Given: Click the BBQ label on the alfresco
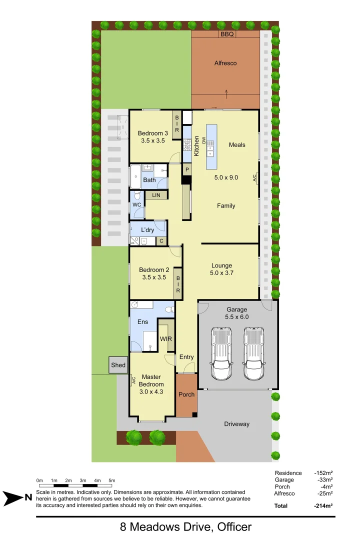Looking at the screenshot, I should click(227, 34).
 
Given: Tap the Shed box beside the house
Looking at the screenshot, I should click(118, 365).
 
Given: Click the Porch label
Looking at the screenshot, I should click(186, 394).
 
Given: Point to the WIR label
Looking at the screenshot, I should click(166, 339).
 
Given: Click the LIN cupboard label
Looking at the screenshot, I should click(156, 195).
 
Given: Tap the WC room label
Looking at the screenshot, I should click(136, 205).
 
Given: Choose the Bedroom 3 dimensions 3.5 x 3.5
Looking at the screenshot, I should click(153, 141).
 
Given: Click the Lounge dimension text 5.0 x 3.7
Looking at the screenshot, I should click(222, 273).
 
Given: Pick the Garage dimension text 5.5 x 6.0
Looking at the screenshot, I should click(237, 317).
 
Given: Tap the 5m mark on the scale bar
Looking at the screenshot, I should click(112, 480).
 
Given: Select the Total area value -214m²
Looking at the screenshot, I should click(323, 505).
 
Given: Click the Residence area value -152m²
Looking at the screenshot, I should click(323, 472).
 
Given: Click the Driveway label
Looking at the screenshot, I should click(236, 424).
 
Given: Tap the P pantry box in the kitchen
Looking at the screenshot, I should click(187, 169).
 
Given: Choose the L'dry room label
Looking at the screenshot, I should click(147, 230).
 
